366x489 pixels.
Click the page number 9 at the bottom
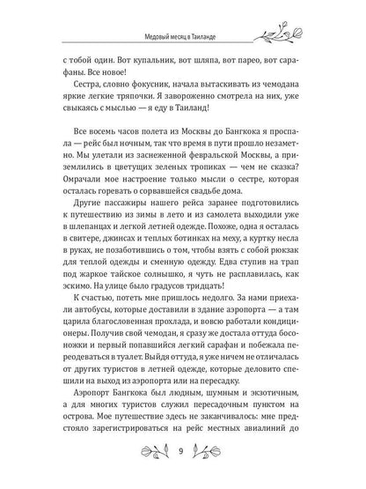(179, 455)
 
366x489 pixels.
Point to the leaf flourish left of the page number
(143, 455)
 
